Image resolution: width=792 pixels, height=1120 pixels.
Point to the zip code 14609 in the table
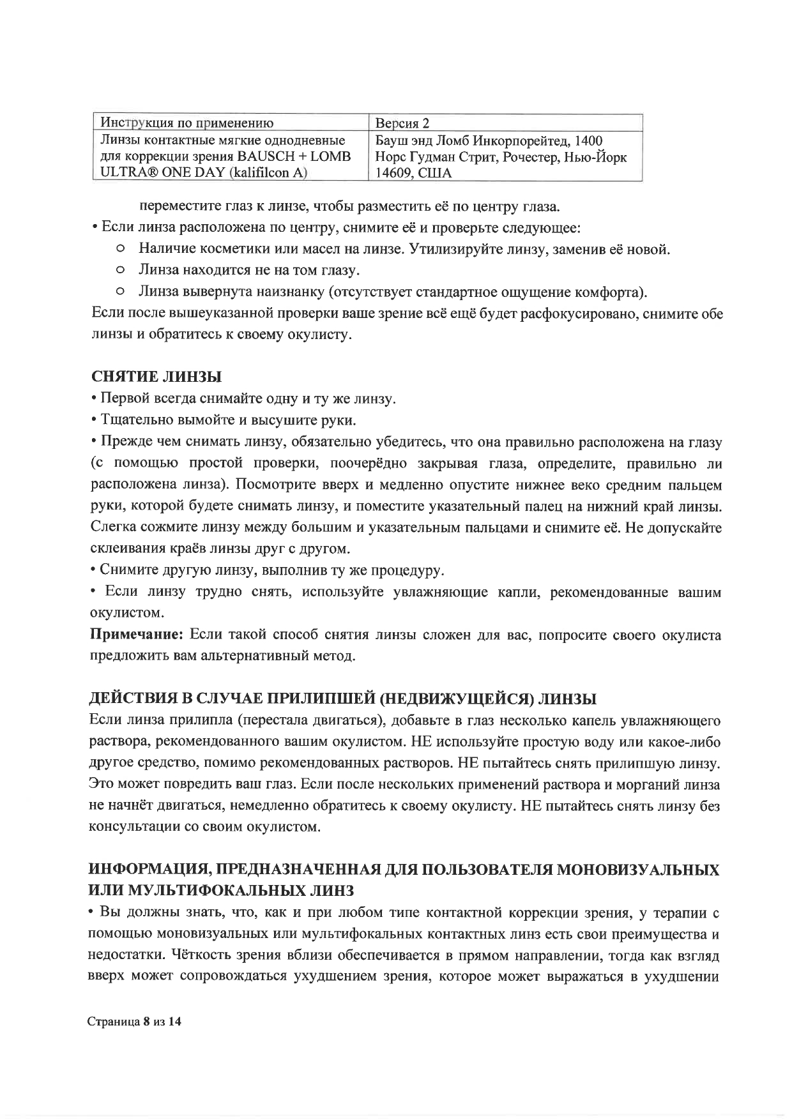(x=395, y=173)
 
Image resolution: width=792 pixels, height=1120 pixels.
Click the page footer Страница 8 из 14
(x=135, y=1022)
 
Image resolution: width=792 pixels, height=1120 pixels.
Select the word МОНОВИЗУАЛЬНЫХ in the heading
(x=638, y=870)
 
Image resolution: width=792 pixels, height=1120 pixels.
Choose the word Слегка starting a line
(x=112, y=528)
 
